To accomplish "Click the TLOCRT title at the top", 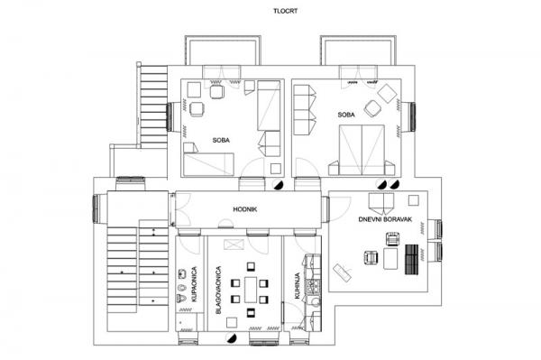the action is [285, 11].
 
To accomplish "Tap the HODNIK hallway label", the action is [245, 209].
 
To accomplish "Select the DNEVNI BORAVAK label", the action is [385, 219].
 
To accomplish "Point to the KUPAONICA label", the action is [194, 283].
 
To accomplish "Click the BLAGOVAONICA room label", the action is [218, 290].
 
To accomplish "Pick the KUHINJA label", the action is [298, 286].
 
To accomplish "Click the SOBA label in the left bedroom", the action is [221, 140].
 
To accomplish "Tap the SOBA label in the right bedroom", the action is [346, 115].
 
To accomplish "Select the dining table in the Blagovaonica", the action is [251, 290].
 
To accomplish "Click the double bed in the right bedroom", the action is [362, 150].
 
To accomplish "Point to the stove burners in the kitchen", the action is [315, 286].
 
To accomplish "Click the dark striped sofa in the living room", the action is [412, 259].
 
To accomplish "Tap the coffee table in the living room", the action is [390, 258].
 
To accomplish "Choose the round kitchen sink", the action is [316, 302].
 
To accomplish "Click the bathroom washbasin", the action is [181, 274].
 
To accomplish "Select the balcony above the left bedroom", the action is [223, 50].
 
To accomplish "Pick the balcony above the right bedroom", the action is [358, 50].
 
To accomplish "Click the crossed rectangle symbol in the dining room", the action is [234, 245].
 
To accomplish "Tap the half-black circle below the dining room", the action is [232, 338].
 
